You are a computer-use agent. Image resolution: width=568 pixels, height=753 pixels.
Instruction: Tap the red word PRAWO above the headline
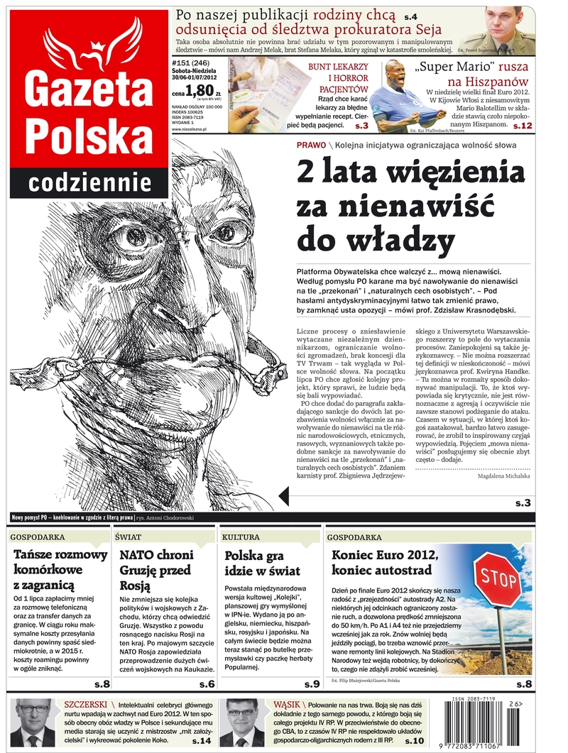click(311, 145)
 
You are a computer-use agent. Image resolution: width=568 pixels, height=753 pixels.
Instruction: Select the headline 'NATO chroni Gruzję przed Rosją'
click(155, 570)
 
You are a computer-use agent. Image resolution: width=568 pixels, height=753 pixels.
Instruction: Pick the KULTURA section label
click(241, 537)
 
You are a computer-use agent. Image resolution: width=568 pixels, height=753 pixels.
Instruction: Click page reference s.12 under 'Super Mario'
click(522, 126)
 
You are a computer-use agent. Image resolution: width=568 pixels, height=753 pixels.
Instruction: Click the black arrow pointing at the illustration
click(283, 496)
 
